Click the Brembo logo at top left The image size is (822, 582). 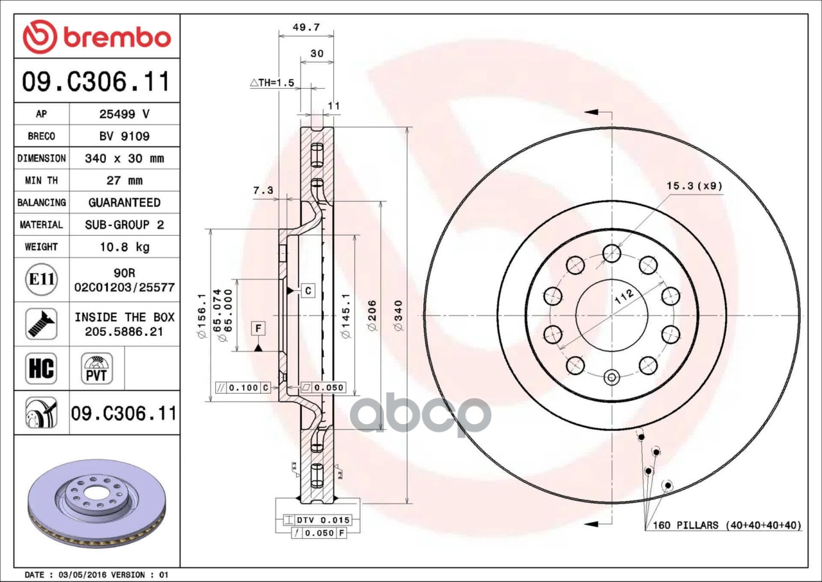coord(96,37)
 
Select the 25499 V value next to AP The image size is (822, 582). coord(124,114)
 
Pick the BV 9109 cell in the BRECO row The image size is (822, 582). coord(124,136)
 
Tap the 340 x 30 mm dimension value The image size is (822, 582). coord(124,158)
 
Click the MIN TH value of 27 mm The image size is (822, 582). coord(124,181)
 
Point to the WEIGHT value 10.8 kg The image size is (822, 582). coord(124,247)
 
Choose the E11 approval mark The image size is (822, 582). coord(41,279)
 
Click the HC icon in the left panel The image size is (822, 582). coord(41,368)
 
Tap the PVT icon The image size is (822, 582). coord(97,368)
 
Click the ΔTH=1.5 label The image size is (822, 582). coord(272,83)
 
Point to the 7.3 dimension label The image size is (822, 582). coord(263,190)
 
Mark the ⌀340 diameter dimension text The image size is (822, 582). coord(398,315)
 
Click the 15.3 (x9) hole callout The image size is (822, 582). coord(694,186)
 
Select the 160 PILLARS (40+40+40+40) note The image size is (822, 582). coord(727,525)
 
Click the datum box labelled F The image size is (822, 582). coord(258,329)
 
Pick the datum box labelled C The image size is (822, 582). coord(308,291)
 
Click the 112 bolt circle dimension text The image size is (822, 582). coord(623,297)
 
